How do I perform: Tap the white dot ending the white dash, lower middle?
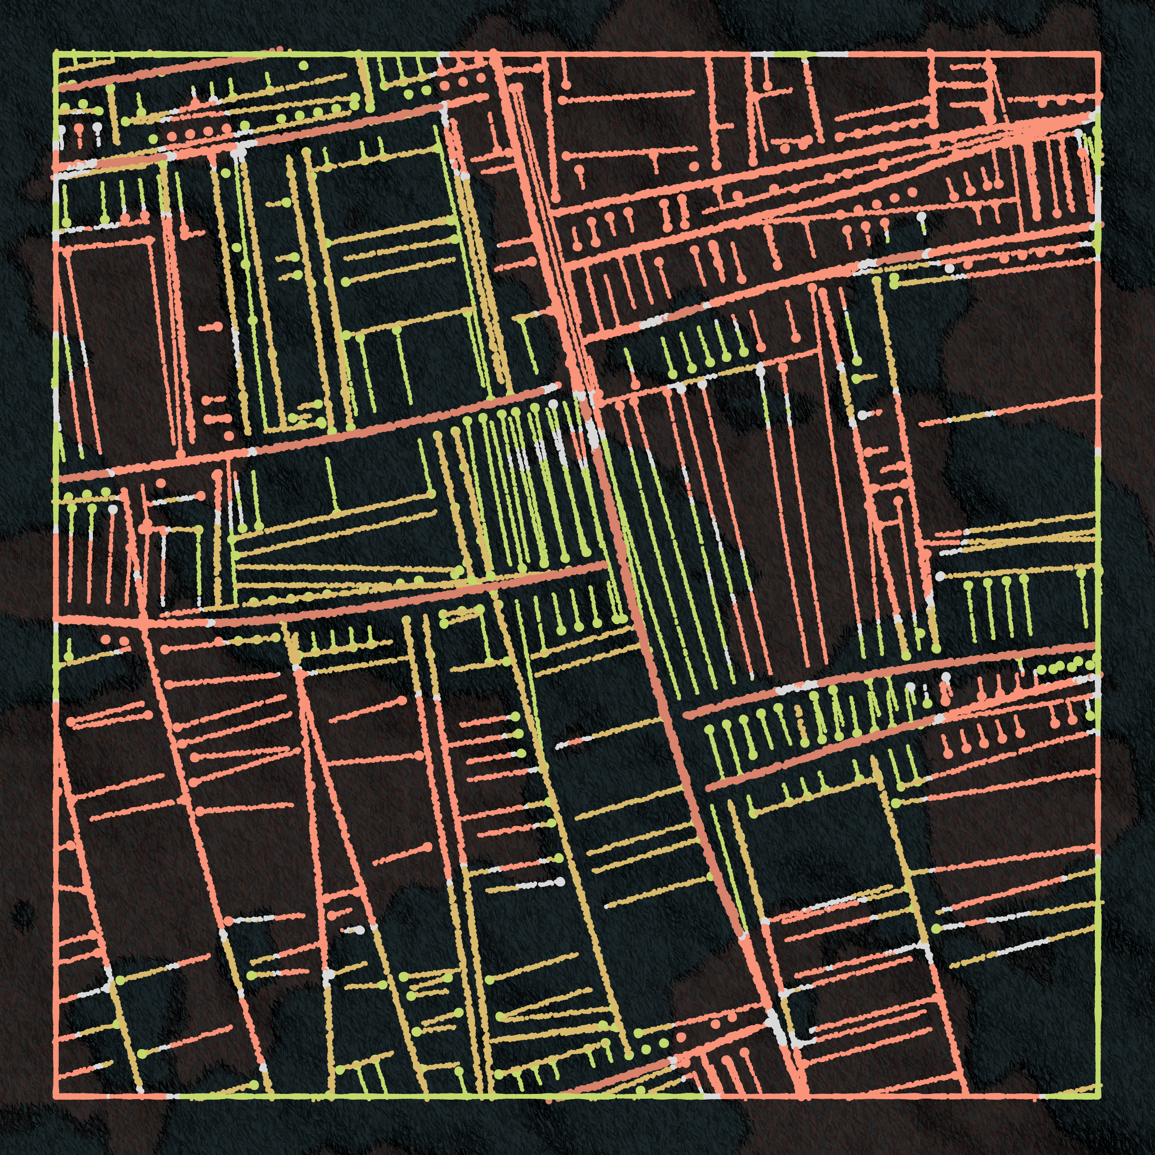(560, 882)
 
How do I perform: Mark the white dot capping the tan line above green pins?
(940, 577)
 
